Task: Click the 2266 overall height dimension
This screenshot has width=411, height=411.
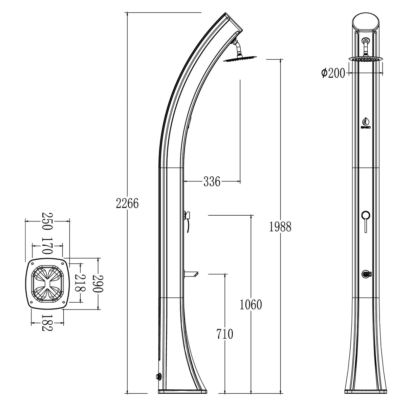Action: pos(127,203)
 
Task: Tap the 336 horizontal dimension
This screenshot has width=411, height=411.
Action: pos(212,182)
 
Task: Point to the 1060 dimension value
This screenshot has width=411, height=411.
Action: pos(251,305)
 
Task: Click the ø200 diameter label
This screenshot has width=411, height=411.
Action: pos(333,73)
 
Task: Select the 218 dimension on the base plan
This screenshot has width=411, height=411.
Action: pos(80,283)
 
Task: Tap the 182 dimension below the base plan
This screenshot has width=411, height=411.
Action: pos(47,323)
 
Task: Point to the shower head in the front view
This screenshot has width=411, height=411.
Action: pos(366,59)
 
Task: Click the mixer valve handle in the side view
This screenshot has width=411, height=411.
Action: pos(187,215)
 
